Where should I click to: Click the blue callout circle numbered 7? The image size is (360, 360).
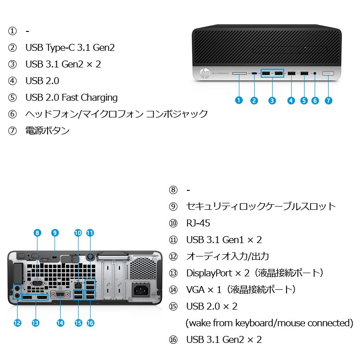coord(329,100)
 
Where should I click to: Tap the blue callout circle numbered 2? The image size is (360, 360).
coord(254,100)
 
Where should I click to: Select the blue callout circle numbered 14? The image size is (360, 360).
coord(61,323)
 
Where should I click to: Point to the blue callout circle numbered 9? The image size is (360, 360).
coord(55,233)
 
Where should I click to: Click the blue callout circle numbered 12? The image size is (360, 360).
coord(18,323)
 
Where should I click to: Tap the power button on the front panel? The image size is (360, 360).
coord(328,73)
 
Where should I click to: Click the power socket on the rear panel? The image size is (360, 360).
coord(142,290)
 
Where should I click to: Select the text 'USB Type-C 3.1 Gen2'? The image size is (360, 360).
coord(70,48)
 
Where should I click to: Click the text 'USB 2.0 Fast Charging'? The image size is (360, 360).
coord(71,98)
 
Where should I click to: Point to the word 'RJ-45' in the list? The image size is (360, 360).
coord(198,223)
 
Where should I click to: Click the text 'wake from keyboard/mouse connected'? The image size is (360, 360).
coord(269,323)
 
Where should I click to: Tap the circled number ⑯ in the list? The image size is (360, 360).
coord(173,340)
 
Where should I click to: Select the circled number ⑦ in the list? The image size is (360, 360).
coord(12,131)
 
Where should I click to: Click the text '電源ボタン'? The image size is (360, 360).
coord(47,131)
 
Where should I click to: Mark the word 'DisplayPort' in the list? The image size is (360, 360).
coord(209,273)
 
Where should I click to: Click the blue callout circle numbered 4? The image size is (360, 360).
coord(291,100)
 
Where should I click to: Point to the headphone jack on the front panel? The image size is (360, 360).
coord(315,73)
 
